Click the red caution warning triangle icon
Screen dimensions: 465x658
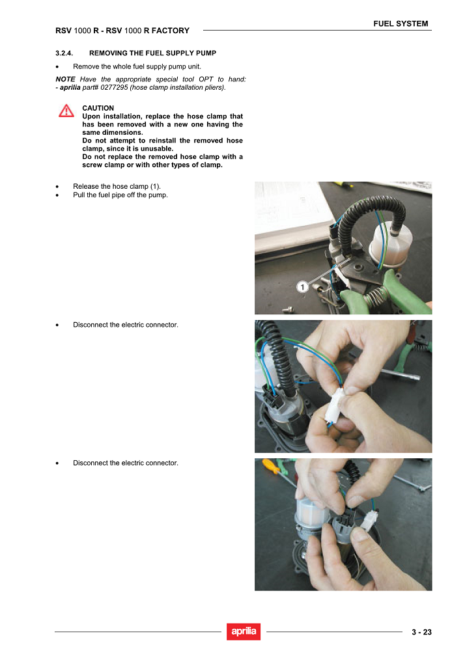click(66, 111)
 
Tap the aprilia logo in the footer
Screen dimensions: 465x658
click(244, 631)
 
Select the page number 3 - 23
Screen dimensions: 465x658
click(421, 632)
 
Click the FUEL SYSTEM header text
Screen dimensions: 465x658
click(401, 23)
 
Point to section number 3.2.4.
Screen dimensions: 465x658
click(64, 53)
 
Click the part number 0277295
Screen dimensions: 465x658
click(114, 87)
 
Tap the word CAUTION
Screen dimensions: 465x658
click(98, 108)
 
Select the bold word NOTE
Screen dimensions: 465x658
click(66, 79)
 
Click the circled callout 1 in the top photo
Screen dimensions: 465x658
click(302, 287)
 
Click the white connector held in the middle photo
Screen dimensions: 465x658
click(335, 405)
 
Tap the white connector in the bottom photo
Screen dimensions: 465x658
click(369, 521)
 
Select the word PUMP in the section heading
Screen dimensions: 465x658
click(205, 53)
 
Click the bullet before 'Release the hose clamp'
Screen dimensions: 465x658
click(57, 187)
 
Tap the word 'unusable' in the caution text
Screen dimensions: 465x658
click(157, 148)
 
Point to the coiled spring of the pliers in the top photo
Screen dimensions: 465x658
click(375, 297)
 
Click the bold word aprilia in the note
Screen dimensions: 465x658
click(70, 87)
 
